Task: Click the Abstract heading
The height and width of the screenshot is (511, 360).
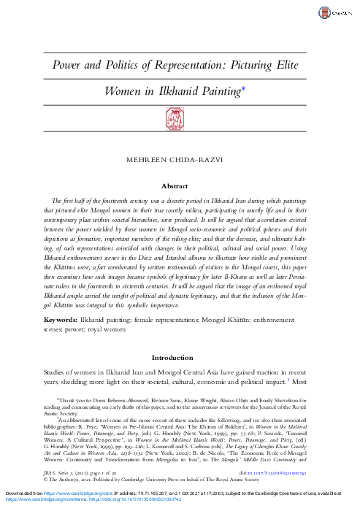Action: [x=180, y=185]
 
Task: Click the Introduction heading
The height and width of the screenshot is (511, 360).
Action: [x=180, y=359]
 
